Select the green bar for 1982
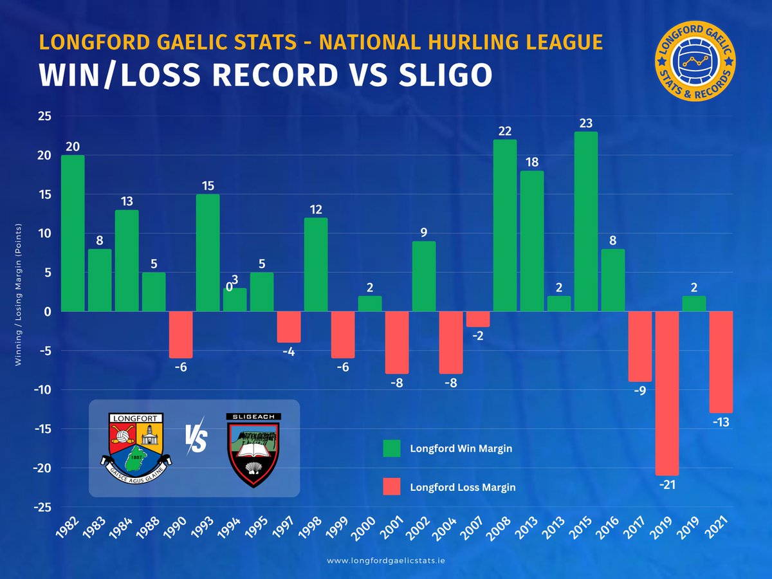tap(73, 234)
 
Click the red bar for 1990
tap(181, 335)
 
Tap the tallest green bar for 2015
tap(586, 222)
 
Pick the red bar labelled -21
tap(667, 393)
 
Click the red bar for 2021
tap(721, 362)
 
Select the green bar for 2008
tap(505, 226)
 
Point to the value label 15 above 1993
tap(208, 185)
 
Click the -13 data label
tap(721, 422)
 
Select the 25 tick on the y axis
tap(44, 116)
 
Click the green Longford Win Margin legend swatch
tap(391, 448)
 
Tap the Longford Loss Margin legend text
tap(463, 487)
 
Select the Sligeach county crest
tap(253, 449)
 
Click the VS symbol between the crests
tap(196, 441)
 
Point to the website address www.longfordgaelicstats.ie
tap(386, 561)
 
